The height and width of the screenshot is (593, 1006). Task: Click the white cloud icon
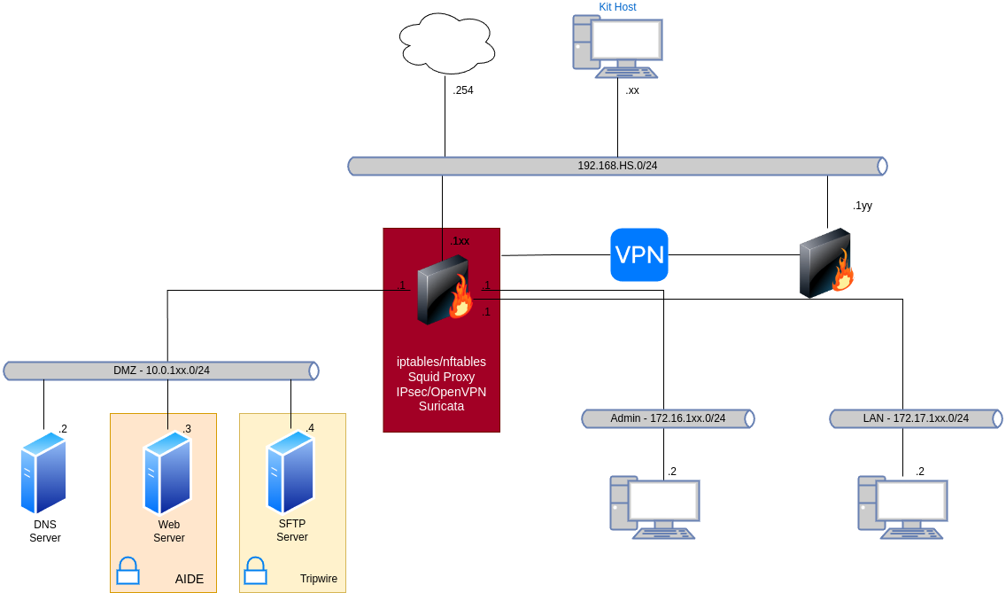coord(446,43)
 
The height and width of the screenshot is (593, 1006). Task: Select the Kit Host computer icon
coord(618,46)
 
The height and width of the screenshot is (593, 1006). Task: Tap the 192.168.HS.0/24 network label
coord(617,166)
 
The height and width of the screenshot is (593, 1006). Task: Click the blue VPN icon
coord(639,255)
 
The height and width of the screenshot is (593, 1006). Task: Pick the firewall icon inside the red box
coord(443,289)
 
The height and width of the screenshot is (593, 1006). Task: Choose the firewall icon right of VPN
coord(826,264)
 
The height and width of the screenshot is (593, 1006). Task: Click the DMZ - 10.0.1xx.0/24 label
coord(161,371)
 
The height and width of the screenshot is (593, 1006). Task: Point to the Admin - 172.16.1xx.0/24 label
coord(668,418)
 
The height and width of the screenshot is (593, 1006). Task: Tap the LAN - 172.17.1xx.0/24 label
coord(916,418)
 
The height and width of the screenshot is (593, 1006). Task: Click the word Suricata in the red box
coord(441,406)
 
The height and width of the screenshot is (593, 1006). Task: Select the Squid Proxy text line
coord(441,377)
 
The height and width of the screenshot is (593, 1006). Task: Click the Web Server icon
coord(168,472)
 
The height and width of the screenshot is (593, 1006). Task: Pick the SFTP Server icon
coord(291,472)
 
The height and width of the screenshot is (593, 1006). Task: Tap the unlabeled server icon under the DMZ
coord(43,472)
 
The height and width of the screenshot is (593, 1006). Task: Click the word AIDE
coord(190,579)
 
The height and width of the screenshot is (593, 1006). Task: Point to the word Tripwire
coord(319,579)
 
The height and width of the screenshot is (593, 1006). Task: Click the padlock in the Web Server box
coord(128,571)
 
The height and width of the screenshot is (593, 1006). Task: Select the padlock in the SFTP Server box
coord(255,571)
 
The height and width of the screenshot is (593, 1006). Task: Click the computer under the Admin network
coord(654,507)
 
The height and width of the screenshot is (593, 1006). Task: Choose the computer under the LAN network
coord(902,507)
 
